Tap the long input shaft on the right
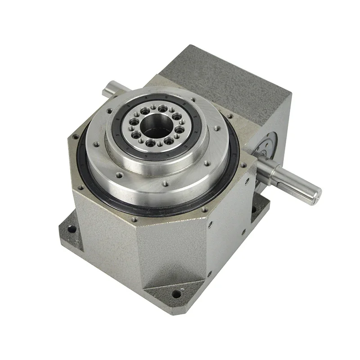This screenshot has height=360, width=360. pyautogui.click(x=292, y=179)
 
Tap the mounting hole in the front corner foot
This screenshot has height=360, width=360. pyautogui.click(x=176, y=293)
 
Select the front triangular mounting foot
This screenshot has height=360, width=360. pyautogui.click(x=175, y=288)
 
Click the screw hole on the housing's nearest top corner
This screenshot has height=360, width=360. pyautogui.click(x=135, y=220)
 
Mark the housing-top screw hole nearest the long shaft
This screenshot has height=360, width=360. pyautogui.click(x=243, y=164)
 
